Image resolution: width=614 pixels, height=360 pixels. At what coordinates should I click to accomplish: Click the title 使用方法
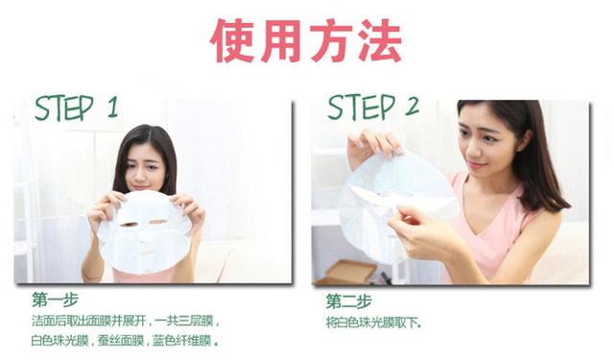point(306,39)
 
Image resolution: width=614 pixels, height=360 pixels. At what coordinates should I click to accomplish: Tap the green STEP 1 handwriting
point(76,108)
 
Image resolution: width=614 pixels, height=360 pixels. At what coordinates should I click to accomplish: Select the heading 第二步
point(347,300)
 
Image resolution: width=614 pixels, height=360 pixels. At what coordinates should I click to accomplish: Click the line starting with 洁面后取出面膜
point(125,322)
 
